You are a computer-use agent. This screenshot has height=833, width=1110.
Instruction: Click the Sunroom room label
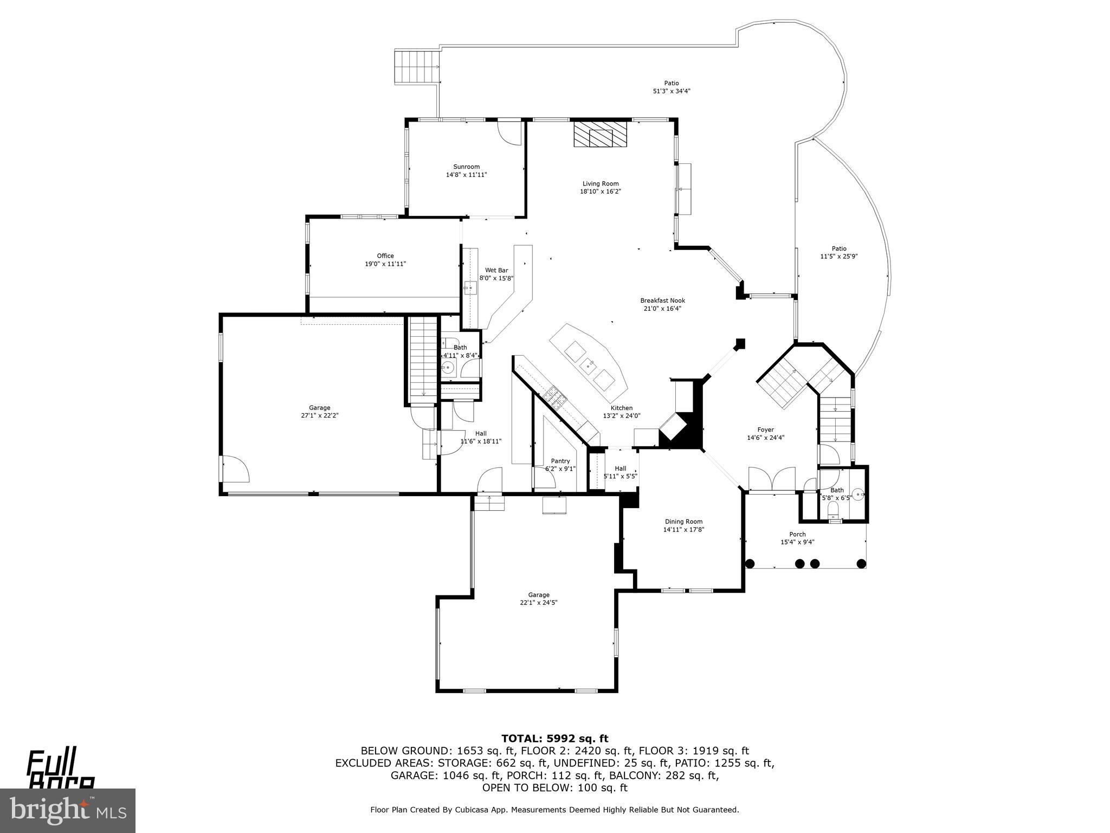tap(466, 167)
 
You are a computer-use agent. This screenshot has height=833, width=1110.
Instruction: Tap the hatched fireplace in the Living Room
tap(600, 133)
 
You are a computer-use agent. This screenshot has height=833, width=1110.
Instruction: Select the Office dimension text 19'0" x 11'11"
tap(385, 264)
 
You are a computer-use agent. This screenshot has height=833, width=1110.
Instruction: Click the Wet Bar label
tap(496, 270)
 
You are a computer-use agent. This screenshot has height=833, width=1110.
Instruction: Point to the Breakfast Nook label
tap(662, 300)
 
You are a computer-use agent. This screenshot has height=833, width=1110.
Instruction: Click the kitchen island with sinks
tap(589, 361)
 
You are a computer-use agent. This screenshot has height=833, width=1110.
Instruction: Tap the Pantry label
tap(560, 461)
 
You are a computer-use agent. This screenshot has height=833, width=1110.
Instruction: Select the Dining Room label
tap(683, 522)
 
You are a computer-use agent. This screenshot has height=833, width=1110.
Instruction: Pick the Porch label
tap(797, 534)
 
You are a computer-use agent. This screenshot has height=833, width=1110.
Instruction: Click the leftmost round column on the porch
tap(750, 563)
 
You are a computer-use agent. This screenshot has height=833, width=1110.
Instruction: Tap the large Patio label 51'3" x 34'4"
tap(671, 87)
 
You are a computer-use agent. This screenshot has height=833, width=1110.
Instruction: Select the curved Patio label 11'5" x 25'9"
tap(838, 253)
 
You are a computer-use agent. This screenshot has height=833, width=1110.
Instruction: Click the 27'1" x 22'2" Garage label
tap(319, 412)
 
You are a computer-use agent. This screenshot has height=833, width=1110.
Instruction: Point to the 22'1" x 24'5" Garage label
tap(538, 599)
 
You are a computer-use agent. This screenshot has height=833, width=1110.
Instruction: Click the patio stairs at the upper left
tap(416, 66)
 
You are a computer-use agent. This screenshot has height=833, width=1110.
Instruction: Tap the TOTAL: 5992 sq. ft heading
tap(554, 738)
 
